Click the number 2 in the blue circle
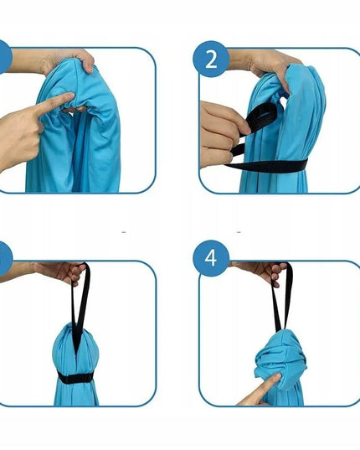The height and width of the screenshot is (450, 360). point(211,59)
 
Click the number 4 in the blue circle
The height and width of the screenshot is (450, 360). point(211,258)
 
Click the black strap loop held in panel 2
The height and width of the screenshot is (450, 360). point(261,116)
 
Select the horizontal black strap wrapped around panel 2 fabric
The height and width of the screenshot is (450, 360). point(266,166)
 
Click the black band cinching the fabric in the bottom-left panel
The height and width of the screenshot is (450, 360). point(75,378)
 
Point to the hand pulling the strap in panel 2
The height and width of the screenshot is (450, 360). point(221,133)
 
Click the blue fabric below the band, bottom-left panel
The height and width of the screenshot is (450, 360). point(76,394)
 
